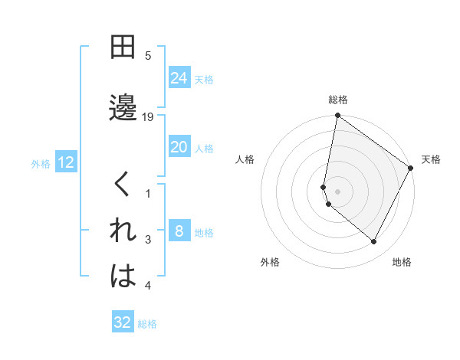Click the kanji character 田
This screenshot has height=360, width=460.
click(x=123, y=47)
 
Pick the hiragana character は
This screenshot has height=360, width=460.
click(x=123, y=277)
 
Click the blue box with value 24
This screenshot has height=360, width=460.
click(x=179, y=78)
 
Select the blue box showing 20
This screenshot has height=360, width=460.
click(x=179, y=148)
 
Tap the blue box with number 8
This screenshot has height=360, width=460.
click(x=179, y=232)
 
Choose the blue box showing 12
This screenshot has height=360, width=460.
click(x=65, y=162)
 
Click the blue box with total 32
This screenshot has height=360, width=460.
click(x=123, y=322)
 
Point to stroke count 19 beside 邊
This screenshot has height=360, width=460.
click(x=149, y=117)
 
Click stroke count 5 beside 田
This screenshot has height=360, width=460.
click(x=148, y=56)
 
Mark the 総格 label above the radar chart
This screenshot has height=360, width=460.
click(x=338, y=100)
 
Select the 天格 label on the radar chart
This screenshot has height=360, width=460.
click(x=431, y=160)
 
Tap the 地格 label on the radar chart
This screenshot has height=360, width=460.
click(x=402, y=262)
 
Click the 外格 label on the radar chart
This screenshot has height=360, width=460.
click(x=270, y=262)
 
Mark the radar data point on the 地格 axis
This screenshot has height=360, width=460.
click(x=374, y=242)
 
